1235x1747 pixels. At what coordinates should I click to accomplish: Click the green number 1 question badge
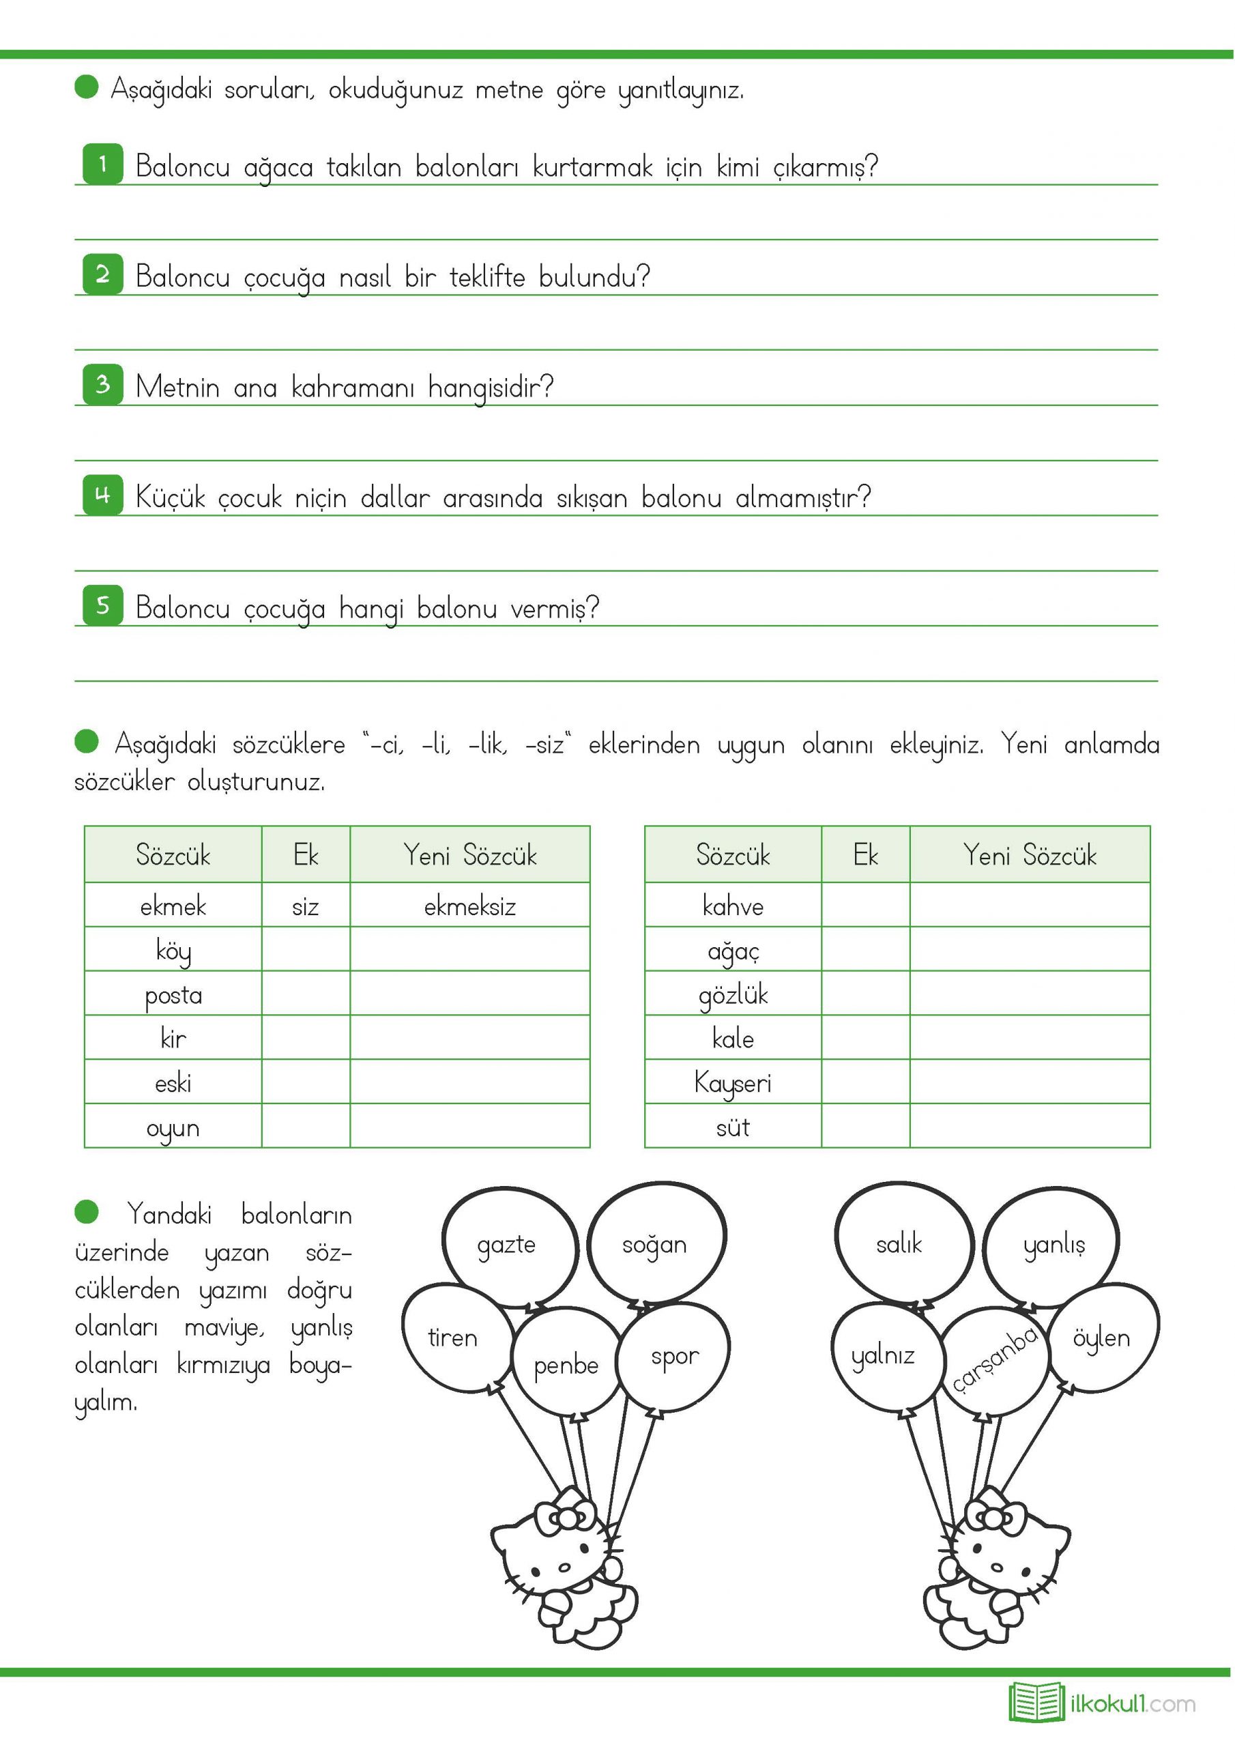tap(102, 164)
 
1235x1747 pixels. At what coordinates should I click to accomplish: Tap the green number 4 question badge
tap(102, 495)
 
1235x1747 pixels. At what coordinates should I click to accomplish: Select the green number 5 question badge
tap(102, 606)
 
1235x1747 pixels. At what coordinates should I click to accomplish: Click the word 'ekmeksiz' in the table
tap(469, 906)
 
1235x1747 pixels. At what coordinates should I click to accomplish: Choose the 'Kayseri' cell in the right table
tap(733, 1083)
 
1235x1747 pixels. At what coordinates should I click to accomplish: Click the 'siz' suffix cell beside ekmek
tap(305, 906)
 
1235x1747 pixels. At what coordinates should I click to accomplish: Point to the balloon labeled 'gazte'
tap(508, 1245)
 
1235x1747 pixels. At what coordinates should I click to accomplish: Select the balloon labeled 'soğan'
tap(655, 1244)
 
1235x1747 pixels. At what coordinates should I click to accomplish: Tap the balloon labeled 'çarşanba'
tap(993, 1361)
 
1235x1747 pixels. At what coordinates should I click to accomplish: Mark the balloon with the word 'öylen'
tap(1102, 1338)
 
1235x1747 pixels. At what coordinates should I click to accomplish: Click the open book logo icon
tap(1036, 1702)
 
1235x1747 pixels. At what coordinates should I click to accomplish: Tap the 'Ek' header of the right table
tap(865, 855)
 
